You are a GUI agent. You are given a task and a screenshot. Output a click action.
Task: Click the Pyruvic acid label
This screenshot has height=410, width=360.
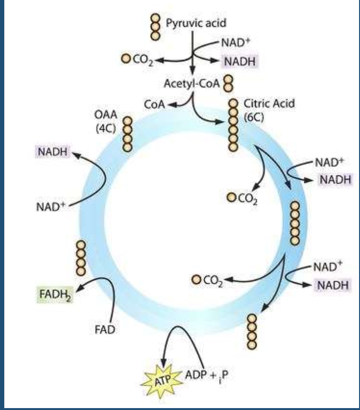point(196,23)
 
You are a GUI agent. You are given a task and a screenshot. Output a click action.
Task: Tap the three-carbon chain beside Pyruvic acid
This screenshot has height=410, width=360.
point(155,27)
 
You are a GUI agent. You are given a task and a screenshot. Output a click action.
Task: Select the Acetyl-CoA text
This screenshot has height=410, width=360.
point(191,84)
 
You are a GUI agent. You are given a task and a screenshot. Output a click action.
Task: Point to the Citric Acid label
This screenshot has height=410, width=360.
point(269,103)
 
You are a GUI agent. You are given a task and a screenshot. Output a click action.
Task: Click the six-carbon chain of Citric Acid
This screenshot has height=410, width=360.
point(233,125)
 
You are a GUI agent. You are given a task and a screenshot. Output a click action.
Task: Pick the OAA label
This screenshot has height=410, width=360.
point(106,115)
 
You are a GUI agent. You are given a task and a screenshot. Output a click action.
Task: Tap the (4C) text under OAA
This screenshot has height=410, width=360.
point(106,128)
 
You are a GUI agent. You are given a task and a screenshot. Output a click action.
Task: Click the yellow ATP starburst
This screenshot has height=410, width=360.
point(161,380)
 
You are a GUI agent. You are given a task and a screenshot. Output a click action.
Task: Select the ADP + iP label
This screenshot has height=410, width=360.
point(206,376)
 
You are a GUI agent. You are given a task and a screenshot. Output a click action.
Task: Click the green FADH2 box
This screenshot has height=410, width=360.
point(55,295)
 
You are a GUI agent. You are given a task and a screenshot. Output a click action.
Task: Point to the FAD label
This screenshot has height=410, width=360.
point(105,330)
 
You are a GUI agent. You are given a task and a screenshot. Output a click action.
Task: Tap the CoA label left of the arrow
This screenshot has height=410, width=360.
point(154,104)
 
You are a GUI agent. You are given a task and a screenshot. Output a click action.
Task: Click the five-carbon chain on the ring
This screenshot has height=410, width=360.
point(295,224)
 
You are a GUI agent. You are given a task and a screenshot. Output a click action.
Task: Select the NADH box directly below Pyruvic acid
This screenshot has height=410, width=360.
point(240,61)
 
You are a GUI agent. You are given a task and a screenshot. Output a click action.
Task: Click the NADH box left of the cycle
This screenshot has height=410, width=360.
point(52,152)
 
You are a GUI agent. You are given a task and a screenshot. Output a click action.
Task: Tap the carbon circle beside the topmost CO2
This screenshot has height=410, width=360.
point(126,59)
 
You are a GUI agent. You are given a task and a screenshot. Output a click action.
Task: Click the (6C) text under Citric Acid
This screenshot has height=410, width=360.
point(254,117)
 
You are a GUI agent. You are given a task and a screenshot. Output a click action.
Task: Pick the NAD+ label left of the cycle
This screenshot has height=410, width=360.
point(50,207)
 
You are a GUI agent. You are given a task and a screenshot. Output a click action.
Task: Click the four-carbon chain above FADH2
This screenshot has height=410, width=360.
point(81,258)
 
